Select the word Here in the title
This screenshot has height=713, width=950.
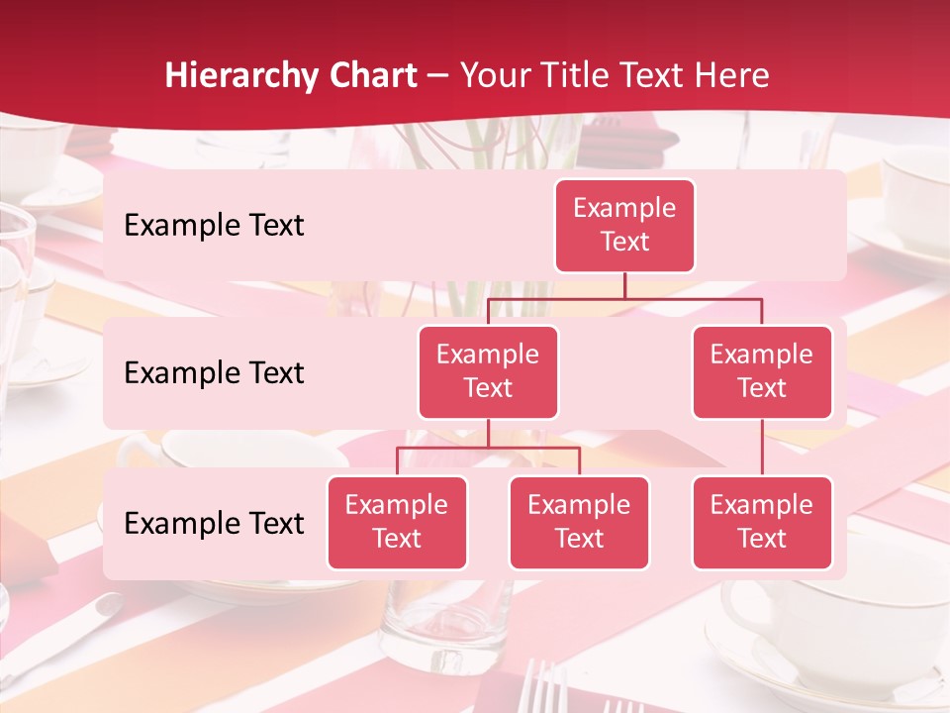point(731,75)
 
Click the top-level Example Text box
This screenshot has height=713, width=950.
point(624,226)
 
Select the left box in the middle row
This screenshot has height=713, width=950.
point(488,372)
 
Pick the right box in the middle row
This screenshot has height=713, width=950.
point(762,372)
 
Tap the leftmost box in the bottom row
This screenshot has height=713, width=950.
point(397,523)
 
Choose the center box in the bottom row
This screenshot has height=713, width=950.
point(579,523)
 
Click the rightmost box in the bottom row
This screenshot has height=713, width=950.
point(762,523)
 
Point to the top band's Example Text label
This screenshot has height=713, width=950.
point(214,226)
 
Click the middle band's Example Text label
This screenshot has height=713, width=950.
point(214,373)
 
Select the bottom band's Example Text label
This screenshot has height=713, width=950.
point(214,524)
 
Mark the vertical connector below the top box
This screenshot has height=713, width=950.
point(624,285)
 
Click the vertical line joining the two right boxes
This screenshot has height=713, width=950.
point(762,448)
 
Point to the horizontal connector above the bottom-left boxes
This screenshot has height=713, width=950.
point(488,448)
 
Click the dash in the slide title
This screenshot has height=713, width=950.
point(438,76)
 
